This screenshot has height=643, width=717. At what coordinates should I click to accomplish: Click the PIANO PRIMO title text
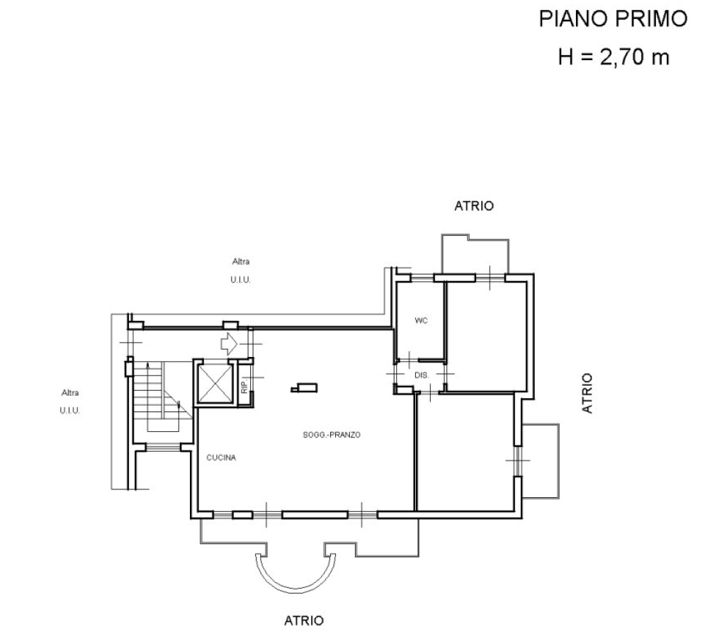[613, 19]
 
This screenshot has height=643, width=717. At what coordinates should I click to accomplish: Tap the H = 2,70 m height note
[614, 57]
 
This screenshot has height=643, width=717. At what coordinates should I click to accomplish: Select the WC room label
[421, 320]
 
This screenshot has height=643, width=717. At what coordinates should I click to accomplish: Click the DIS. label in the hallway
[422, 375]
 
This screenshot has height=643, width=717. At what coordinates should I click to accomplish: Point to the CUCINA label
[221, 457]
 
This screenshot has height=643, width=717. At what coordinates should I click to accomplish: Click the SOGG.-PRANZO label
[332, 435]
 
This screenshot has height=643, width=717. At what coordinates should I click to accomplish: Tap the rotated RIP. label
[244, 385]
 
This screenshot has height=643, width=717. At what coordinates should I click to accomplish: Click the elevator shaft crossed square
[215, 383]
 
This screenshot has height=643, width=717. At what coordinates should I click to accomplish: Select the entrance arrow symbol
[229, 344]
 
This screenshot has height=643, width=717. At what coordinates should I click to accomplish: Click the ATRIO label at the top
[474, 206]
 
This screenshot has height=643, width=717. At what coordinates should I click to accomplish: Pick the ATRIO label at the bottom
[304, 620]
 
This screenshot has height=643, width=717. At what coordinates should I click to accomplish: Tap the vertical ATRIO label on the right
[587, 394]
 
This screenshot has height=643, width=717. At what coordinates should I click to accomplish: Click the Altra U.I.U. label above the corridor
[240, 271]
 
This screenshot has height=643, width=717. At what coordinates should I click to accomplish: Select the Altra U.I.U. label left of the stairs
[69, 402]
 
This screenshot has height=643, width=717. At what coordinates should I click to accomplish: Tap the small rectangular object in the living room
[305, 389]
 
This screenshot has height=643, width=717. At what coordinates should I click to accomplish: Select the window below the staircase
[163, 448]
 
